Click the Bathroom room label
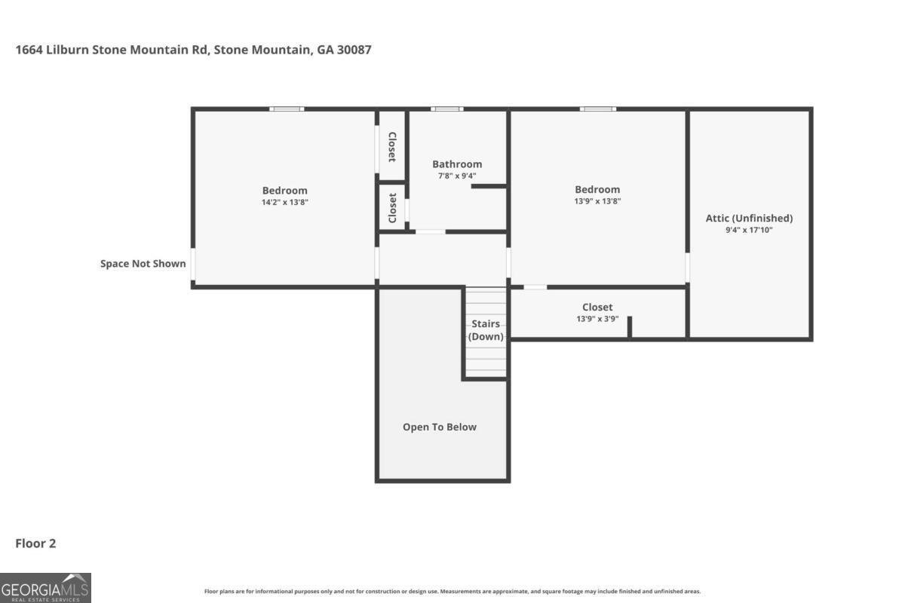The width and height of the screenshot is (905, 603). click(x=457, y=164)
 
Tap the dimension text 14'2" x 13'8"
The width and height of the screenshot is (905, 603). click(x=285, y=202)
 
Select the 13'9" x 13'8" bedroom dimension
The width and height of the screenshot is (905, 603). click(x=597, y=200)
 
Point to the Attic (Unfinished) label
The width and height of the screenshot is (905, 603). click(x=749, y=218)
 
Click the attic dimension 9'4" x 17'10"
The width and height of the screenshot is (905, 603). click(x=749, y=230)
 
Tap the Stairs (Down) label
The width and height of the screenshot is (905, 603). click(x=486, y=330)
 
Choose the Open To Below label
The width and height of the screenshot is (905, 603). click(x=440, y=427)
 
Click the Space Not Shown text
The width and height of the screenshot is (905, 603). click(x=143, y=263)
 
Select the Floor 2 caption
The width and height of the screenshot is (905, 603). click(x=35, y=543)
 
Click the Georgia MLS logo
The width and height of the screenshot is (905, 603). click(x=45, y=588)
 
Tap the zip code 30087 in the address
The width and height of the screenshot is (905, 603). click(x=354, y=50)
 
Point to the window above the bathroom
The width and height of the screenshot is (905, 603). click(x=446, y=109)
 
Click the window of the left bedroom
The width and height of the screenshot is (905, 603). click(x=287, y=109)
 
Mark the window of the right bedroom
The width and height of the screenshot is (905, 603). click(x=598, y=109)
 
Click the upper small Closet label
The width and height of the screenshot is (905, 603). click(x=392, y=147)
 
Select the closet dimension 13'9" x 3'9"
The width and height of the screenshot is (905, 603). click(x=597, y=319)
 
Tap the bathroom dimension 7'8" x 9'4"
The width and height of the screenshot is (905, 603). click(x=457, y=176)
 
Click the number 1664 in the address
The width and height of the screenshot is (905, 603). click(x=29, y=50)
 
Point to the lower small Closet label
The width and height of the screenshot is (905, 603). click(x=392, y=207)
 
